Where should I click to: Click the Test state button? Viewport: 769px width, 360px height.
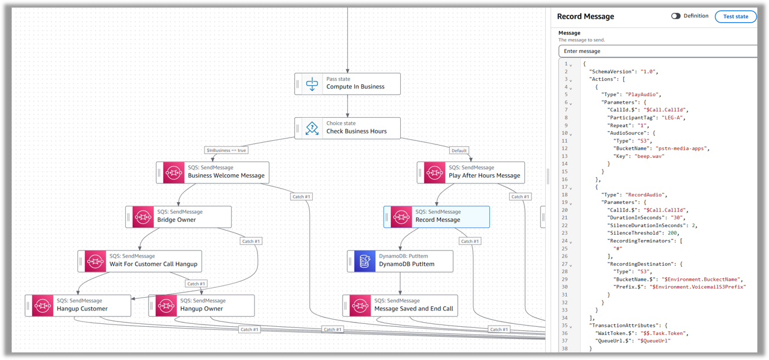[x=735, y=16]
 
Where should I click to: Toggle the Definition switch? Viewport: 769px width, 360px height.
[x=676, y=16]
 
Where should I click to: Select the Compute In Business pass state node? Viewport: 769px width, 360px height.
[x=347, y=83]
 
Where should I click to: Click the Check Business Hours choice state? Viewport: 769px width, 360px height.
[x=347, y=128]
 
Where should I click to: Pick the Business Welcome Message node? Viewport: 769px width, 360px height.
[x=213, y=172]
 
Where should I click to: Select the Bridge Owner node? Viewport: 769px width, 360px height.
[x=178, y=217]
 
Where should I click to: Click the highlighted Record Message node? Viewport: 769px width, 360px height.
[x=436, y=217]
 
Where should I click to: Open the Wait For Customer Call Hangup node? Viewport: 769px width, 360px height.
[x=140, y=261]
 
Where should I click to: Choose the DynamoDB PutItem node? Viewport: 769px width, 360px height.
[x=400, y=261]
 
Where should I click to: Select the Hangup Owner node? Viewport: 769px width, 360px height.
[x=201, y=305]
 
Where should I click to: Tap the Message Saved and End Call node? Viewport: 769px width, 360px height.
[x=400, y=305]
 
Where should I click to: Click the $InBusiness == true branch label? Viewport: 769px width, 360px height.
[x=227, y=150]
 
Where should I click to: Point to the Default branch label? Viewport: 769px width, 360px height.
[x=459, y=150]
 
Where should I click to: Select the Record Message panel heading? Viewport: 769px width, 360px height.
[x=585, y=16]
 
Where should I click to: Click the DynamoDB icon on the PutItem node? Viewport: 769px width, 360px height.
[x=365, y=261]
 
